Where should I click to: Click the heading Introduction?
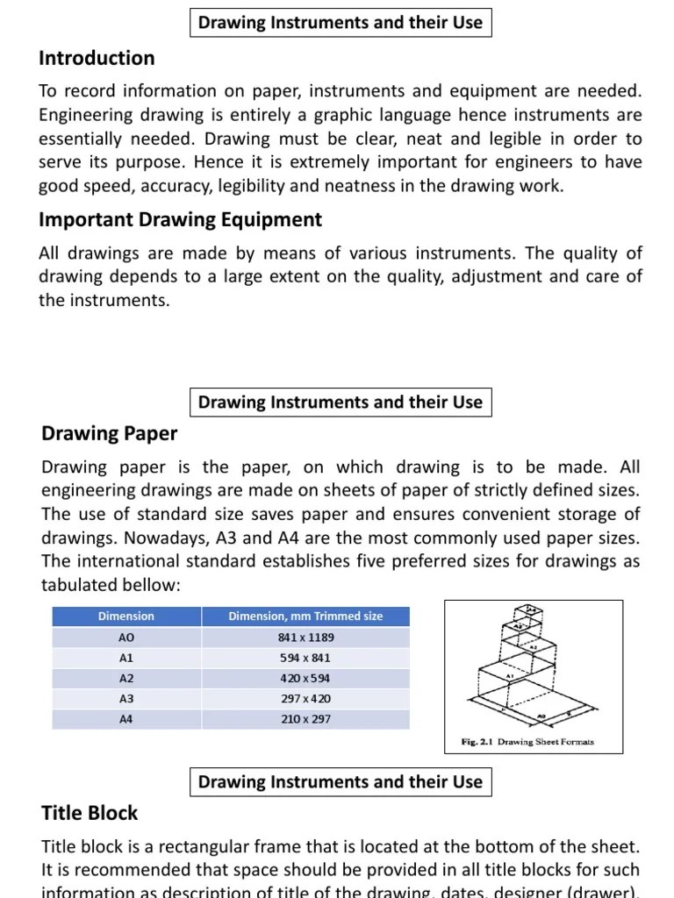pyautogui.click(x=97, y=59)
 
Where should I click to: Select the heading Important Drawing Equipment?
pyautogui.click(x=180, y=220)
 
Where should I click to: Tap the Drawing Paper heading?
pyautogui.click(x=110, y=433)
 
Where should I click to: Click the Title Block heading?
pyautogui.click(x=90, y=813)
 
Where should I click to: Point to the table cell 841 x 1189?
pyautogui.click(x=305, y=638)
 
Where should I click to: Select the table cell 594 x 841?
pyautogui.click(x=305, y=658)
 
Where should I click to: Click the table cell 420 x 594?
pyautogui.click(x=305, y=678)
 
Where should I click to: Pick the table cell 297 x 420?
pyautogui.click(x=305, y=699)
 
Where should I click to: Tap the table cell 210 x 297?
pyautogui.click(x=305, y=719)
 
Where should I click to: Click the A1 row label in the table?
pyautogui.click(x=126, y=658)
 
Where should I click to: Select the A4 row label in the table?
pyautogui.click(x=126, y=719)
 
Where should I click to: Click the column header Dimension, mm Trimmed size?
pyautogui.click(x=305, y=616)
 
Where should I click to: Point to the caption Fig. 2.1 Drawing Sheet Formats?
pyautogui.click(x=527, y=741)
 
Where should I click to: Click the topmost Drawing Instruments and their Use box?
pyautogui.click(x=341, y=23)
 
